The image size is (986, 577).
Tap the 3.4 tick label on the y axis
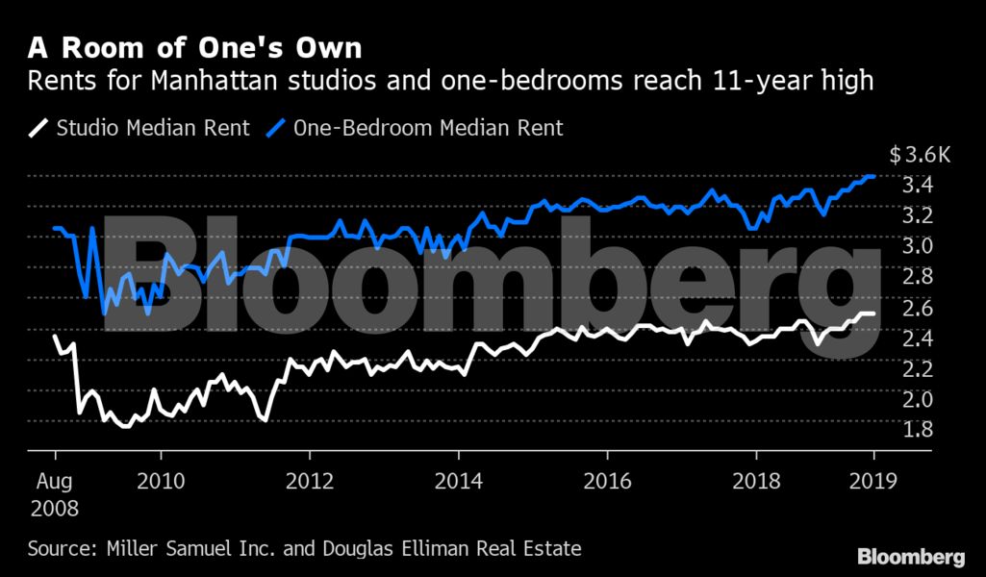918,185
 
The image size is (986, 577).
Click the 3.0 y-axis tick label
918,246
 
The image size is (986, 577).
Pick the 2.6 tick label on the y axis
918,308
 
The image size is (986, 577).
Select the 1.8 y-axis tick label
918,429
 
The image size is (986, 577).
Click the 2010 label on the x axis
161,480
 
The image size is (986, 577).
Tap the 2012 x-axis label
310,480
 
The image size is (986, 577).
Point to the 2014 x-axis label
459,480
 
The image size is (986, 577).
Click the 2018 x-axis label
756,480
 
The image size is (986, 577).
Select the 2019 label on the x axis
873,480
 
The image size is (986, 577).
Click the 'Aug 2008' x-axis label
55,492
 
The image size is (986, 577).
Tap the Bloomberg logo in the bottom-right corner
911,556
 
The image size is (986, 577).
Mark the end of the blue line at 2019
873,176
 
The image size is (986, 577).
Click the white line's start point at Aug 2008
55,336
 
